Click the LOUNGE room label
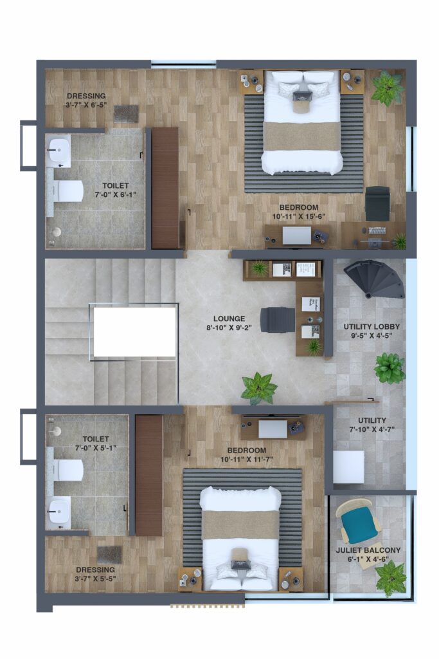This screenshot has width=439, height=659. (229, 319)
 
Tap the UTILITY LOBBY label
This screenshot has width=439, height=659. (372, 326)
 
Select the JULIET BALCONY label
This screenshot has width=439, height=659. (368, 550)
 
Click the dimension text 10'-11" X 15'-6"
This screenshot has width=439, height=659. (299, 216)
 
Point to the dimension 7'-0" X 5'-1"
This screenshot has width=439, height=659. (96, 448)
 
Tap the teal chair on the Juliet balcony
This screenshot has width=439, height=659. (361, 521)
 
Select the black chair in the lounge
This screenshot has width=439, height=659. (278, 319)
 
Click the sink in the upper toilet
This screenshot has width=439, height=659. (58, 149)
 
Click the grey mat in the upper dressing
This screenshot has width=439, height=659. (126, 113)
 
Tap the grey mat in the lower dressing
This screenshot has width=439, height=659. (109, 555)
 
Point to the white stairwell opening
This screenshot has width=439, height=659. (134, 332)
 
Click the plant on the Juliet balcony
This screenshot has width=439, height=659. (390, 579)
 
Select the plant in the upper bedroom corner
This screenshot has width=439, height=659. (388, 88)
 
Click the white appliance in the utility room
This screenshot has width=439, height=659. (348, 467)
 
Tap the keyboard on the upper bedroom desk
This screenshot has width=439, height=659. (377, 230)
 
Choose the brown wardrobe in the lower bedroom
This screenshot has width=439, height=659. (149, 475)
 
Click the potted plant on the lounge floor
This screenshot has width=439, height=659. (259, 387)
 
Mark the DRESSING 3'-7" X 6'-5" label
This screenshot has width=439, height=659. (86, 100)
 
